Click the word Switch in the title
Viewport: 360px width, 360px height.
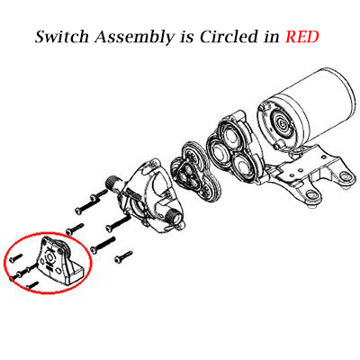[62, 37]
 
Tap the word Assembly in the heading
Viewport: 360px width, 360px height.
[134, 38]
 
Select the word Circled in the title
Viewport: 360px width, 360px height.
[229, 37]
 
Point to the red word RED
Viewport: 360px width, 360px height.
[301, 37]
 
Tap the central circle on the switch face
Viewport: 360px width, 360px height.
[49, 257]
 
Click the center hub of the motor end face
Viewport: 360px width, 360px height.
[282, 122]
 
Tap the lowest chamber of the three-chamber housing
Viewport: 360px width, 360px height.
[243, 165]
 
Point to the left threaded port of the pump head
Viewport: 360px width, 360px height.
[112, 183]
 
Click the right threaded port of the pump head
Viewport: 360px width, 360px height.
[174, 215]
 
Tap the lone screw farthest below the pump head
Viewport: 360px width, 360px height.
[123, 256]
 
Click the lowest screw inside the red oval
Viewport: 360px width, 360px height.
[32, 284]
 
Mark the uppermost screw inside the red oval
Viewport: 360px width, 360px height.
[15, 257]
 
